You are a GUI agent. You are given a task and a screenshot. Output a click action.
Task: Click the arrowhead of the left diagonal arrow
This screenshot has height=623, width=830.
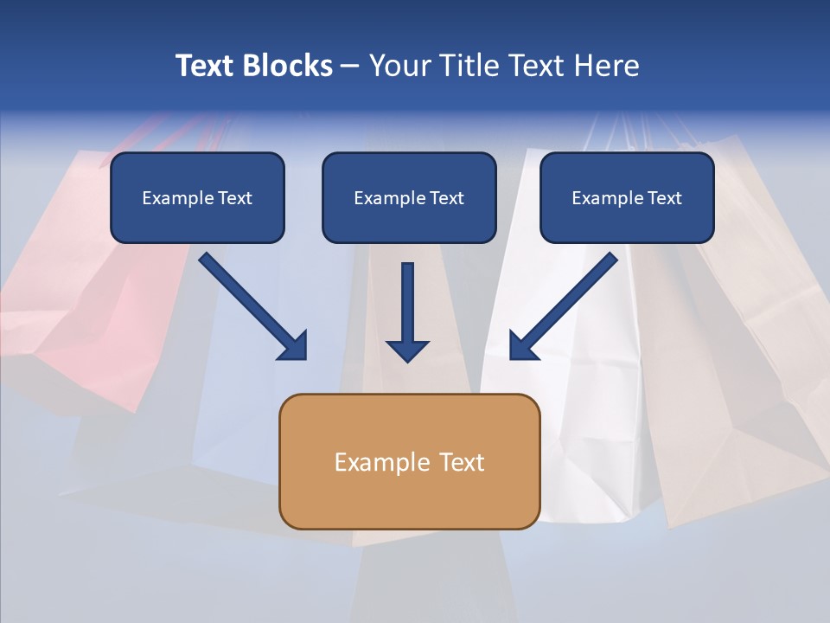294,346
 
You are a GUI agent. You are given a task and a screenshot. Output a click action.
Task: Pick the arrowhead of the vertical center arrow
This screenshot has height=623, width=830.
407,350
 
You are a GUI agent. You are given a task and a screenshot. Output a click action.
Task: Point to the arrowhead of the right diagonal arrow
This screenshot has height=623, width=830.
522,346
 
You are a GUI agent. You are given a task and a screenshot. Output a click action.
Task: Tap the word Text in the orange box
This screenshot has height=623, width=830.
462,462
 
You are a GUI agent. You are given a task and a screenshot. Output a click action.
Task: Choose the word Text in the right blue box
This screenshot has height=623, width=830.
665,198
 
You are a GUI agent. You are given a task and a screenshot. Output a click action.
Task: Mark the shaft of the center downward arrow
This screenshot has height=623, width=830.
407,299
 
